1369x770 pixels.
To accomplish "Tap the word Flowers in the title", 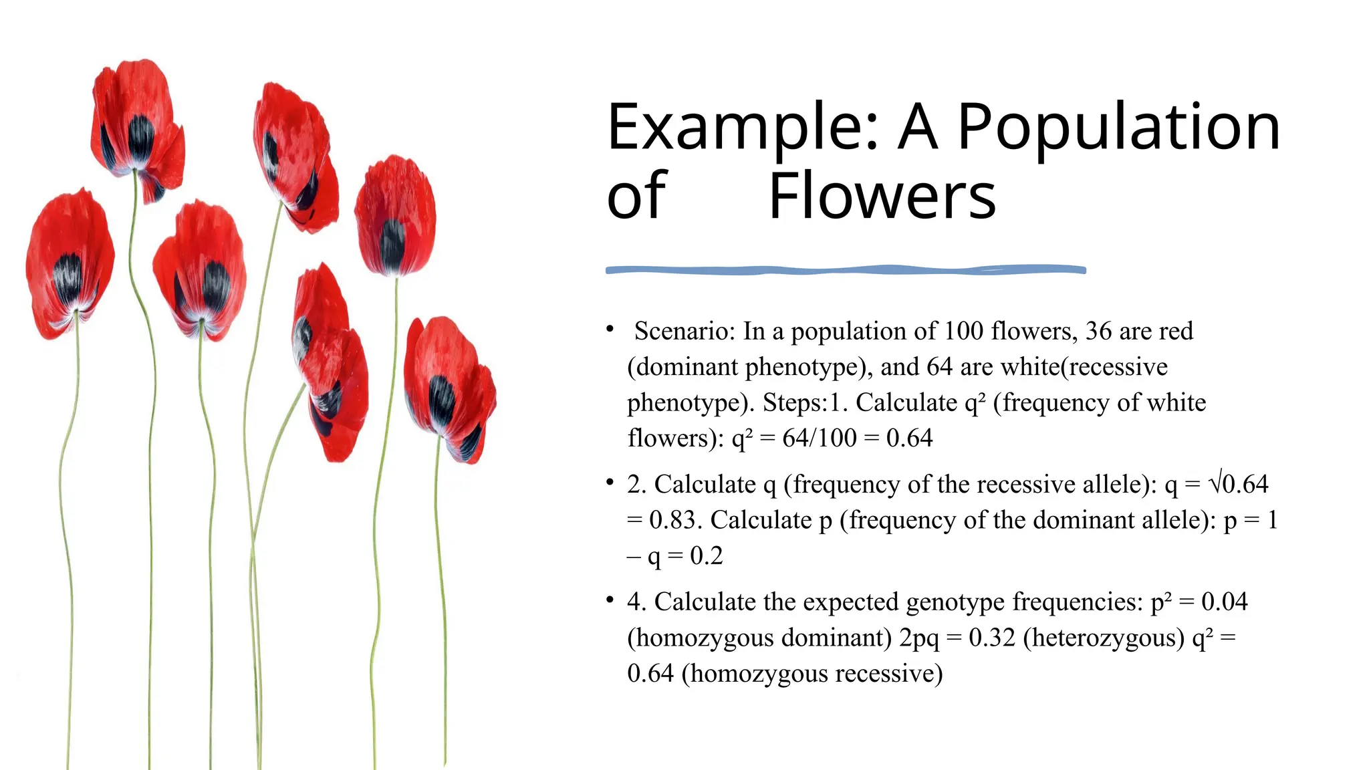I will point(882,197).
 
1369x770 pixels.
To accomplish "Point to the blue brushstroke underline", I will point(846,270).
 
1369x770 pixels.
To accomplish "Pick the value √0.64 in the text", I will point(1238,484).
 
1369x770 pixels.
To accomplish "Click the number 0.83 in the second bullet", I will point(674,520).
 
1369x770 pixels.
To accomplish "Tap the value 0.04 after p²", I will point(1224,602).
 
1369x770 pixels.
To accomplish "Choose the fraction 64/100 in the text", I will point(819,438).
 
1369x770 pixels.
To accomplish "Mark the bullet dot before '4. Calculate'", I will point(610,600).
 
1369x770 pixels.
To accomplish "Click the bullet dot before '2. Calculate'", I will point(610,482).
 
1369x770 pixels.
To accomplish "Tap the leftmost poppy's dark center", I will point(67,277).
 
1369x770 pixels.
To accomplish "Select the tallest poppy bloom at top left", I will point(137,124).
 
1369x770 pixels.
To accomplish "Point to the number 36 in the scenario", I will point(1098,331).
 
